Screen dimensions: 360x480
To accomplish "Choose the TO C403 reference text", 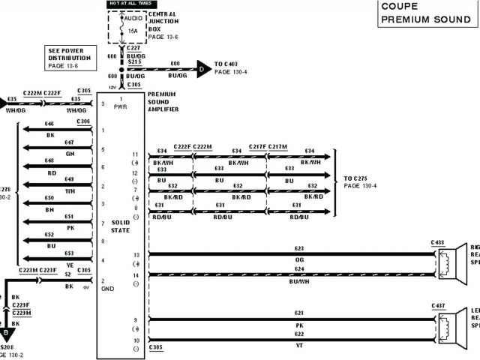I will pyautogui.click(x=229, y=64).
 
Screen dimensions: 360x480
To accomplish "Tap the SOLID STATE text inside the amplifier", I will pyautogui.click(x=121, y=226).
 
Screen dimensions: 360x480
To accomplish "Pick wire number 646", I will pyautogui.click(x=49, y=123).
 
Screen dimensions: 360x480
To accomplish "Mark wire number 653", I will pyautogui.click(x=69, y=253).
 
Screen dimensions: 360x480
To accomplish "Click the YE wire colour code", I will pyautogui.click(x=70, y=265).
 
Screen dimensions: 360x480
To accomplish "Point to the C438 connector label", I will pyautogui.click(x=438, y=243).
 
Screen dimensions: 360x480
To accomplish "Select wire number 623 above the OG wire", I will pyautogui.click(x=299, y=248).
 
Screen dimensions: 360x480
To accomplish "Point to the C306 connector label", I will pyautogui.click(x=83, y=121).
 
